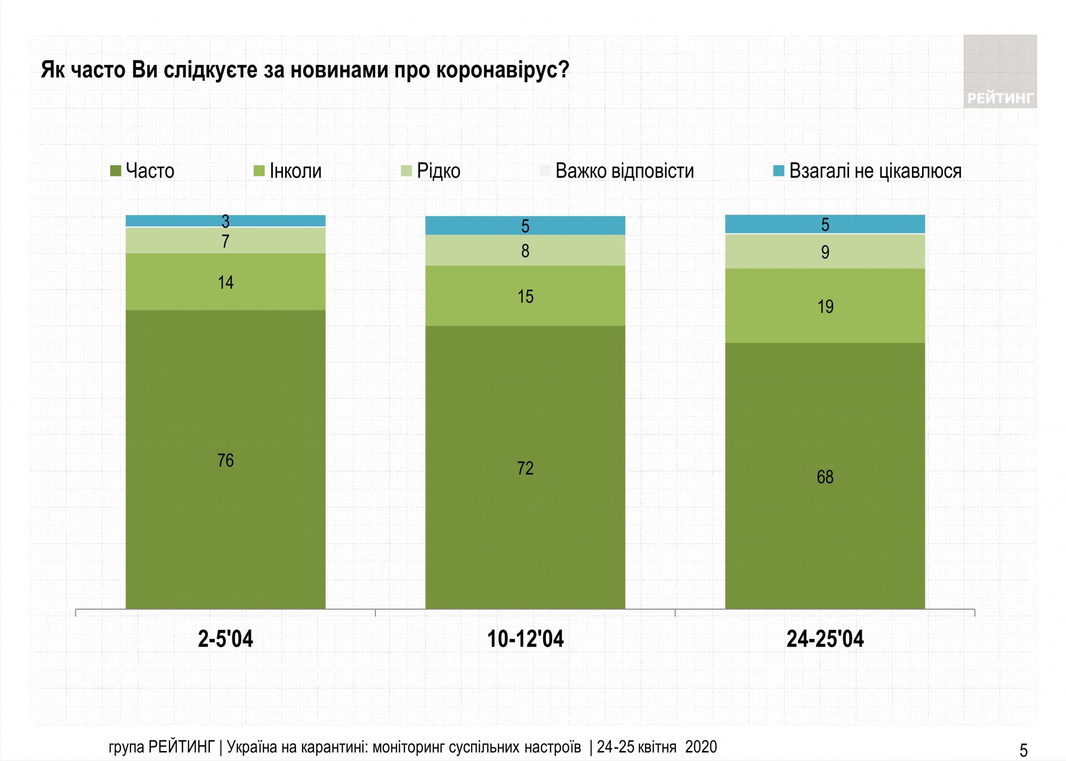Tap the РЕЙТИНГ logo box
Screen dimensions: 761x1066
1000,71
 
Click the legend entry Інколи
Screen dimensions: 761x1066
288,171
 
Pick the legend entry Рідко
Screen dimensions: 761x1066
431,171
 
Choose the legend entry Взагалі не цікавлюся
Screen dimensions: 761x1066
868,171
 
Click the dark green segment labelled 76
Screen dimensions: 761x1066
225,460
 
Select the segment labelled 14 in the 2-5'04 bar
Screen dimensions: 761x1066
225,282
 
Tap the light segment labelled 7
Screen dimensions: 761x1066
225,241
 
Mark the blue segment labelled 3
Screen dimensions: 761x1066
225,220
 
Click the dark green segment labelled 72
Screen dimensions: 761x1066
525,468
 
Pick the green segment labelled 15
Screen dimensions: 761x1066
525,296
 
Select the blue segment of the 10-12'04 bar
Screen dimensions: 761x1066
525,226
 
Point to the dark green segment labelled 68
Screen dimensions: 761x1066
825,476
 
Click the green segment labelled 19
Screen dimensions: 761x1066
825,306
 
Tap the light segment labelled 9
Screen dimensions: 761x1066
825,251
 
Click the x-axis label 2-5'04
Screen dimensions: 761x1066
225,639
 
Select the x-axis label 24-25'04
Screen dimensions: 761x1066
825,639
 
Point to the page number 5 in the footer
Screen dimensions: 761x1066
1023,750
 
